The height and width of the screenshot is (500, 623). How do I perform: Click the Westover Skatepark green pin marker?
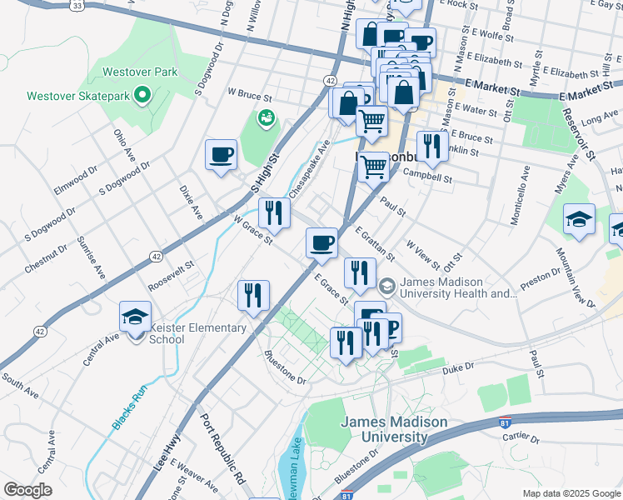tap(142, 95)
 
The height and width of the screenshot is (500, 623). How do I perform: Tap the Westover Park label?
tap(140, 72)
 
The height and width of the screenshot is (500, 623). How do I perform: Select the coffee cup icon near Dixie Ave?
tap(222, 156)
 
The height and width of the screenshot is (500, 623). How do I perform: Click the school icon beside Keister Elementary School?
tap(136, 318)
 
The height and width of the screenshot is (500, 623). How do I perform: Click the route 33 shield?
tap(77, 5)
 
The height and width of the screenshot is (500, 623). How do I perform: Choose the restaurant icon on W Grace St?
tap(273, 214)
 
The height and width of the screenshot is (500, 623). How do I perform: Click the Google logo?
tap(27, 490)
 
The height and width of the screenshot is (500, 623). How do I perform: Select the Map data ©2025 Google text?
tap(571, 493)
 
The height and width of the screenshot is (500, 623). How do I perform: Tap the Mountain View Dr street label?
tap(577, 279)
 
